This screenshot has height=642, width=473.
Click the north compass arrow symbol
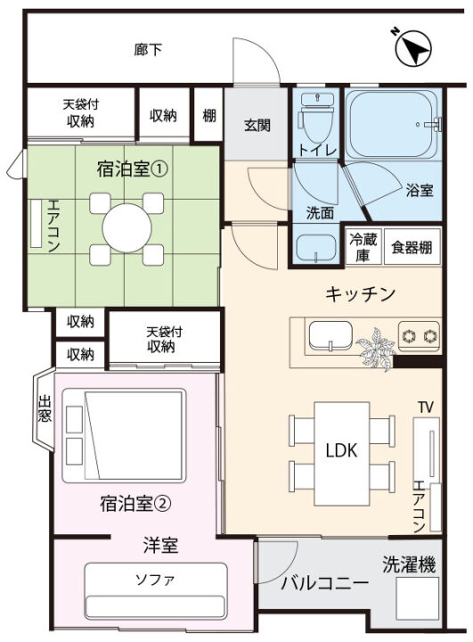(413, 48)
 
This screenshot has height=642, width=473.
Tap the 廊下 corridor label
(148, 50)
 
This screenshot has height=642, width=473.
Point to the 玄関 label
(257, 126)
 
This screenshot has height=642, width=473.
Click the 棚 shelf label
(208, 115)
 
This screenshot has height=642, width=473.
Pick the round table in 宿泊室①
(126, 228)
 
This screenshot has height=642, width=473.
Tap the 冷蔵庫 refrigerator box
(363, 247)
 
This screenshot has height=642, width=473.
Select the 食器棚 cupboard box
(412, 247)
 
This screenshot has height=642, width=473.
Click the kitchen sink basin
(330, 336)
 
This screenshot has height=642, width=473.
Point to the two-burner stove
(419, 336)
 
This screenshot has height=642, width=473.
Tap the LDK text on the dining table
(342, 450)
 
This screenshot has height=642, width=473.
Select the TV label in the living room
(426, 407)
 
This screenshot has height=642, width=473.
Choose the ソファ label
(155, 580)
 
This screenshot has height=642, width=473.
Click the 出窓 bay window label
(45, 408)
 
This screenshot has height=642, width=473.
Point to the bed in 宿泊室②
(124, 435)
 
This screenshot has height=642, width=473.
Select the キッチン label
(361, 293)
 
